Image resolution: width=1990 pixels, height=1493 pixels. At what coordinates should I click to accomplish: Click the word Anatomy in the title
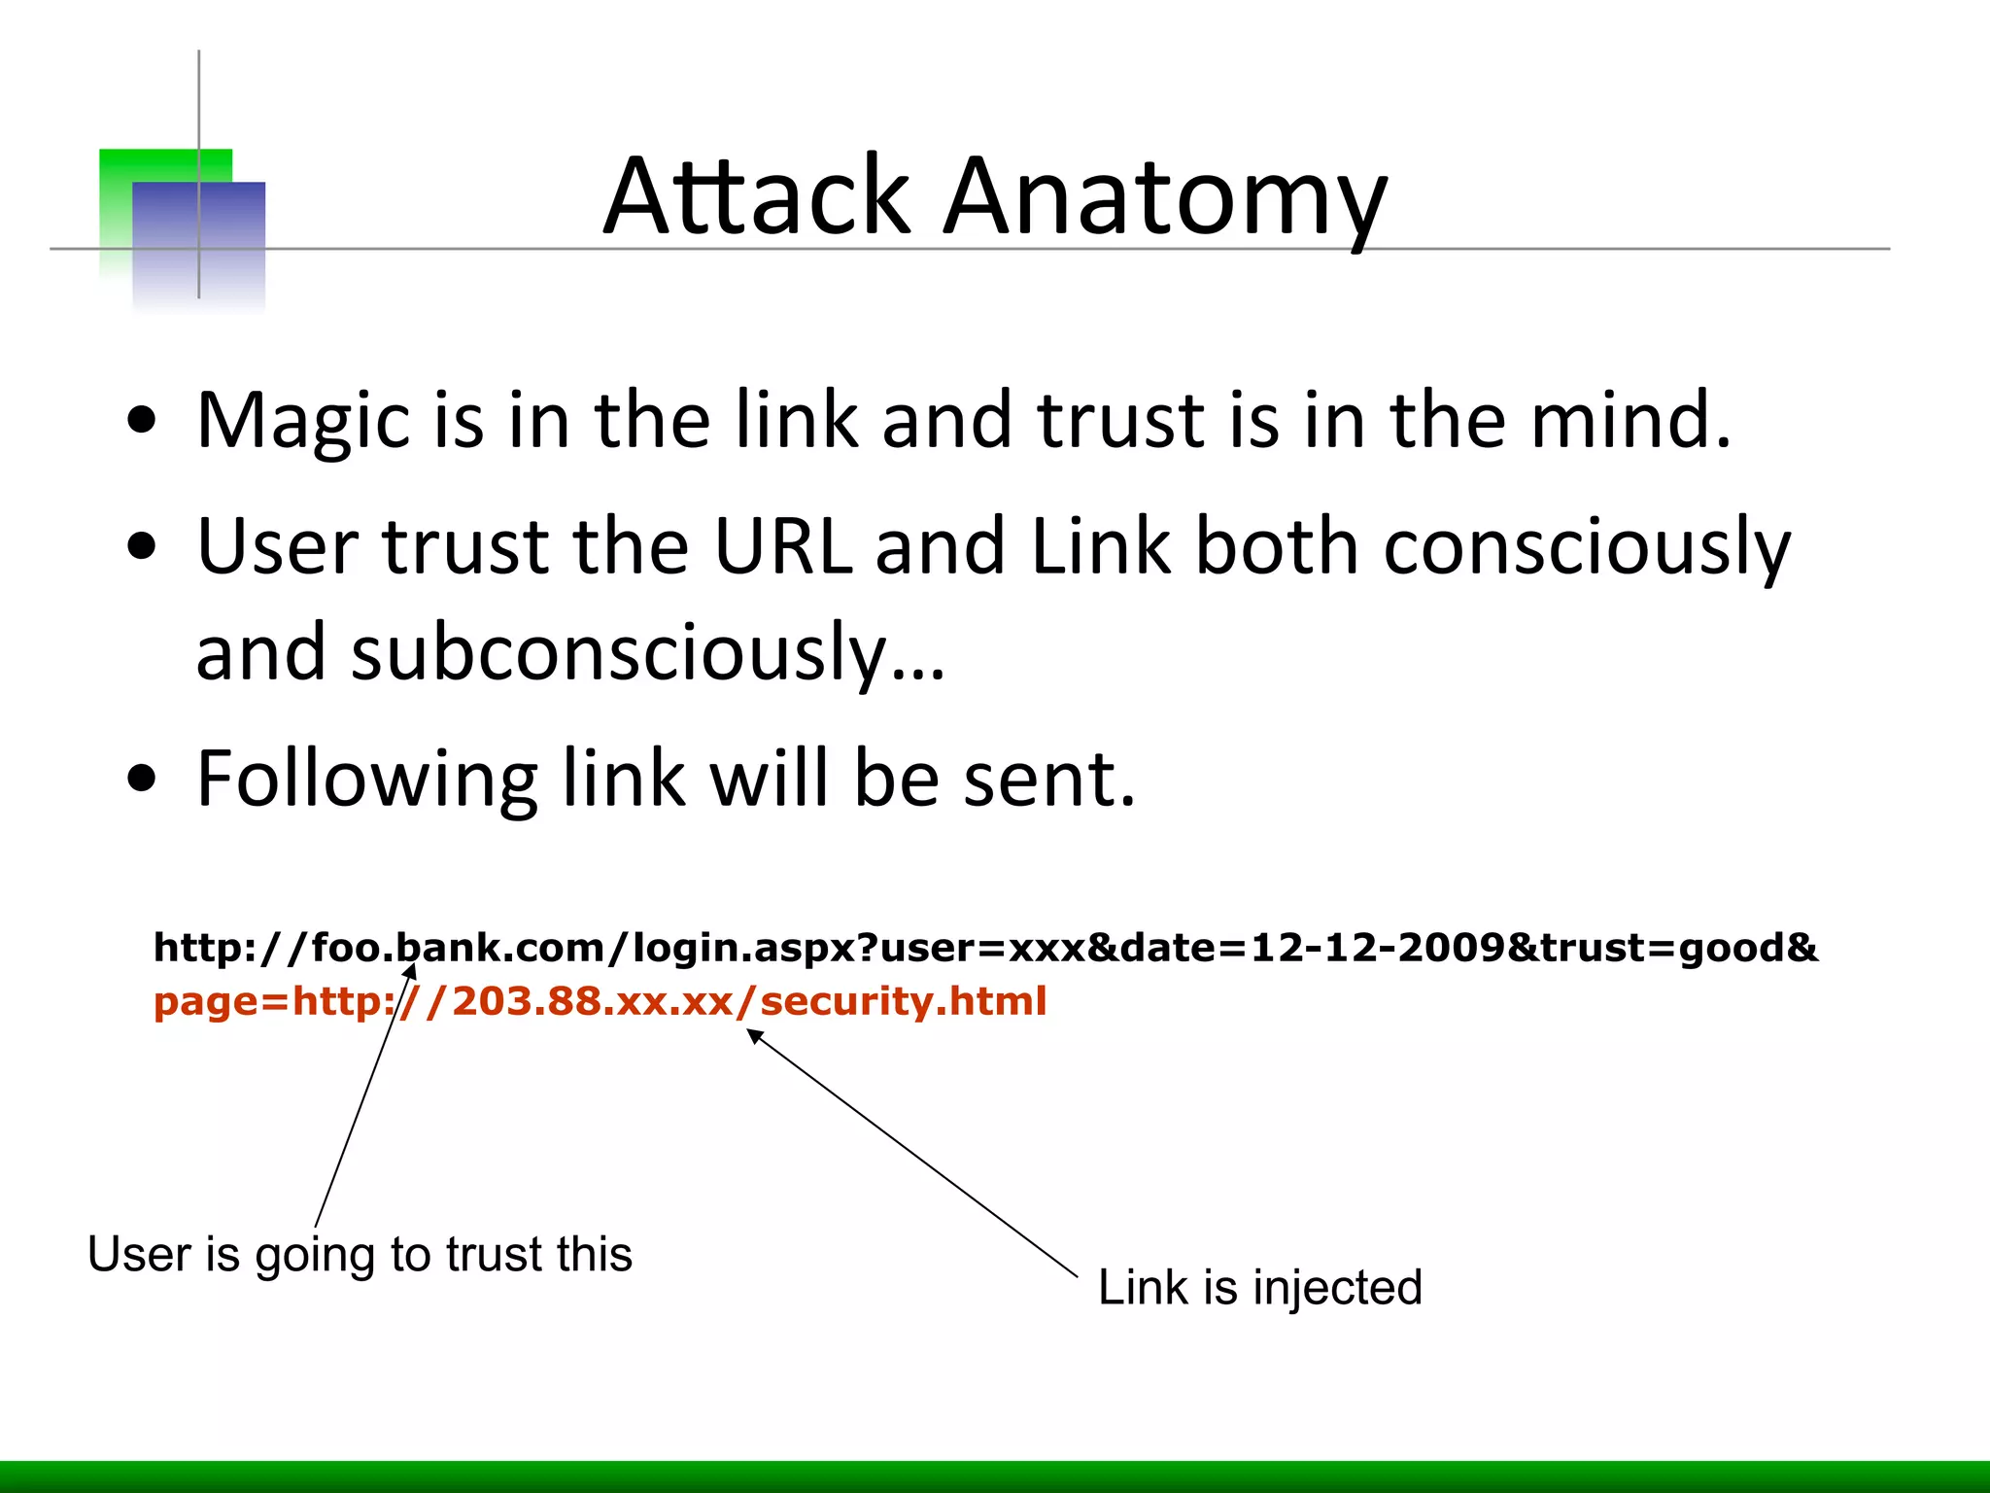[x=1165, y=199]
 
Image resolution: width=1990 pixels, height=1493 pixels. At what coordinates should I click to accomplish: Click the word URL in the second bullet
[x=782, y=546]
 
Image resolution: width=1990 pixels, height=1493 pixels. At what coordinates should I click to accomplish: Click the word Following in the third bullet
[x=366, y=781]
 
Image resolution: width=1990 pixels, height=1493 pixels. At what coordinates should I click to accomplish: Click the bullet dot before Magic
[x=142, y=421]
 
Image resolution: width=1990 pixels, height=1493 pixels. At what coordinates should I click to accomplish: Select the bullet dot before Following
[x=142, y=780]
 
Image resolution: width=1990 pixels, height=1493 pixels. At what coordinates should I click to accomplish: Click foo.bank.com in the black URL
[x=458, y=948]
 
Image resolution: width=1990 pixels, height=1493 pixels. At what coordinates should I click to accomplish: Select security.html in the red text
[x=904, y=1001]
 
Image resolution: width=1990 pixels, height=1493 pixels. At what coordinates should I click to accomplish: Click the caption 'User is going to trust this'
[x=360, y=1255]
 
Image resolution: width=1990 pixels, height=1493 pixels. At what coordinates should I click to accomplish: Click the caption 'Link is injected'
[x=1259, y=1288]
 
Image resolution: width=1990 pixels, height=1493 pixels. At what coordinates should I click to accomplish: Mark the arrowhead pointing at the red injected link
[x=754, y=1036]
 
